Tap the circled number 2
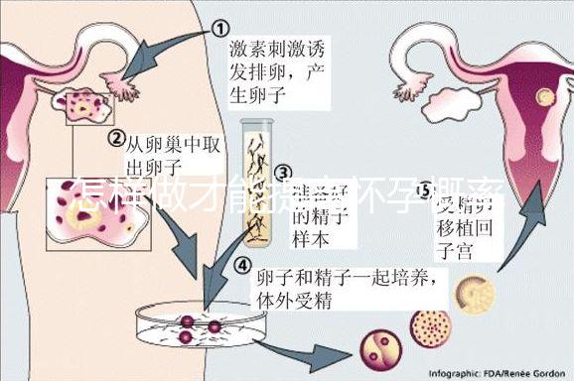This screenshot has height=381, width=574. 116,138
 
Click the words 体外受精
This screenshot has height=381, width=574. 294,298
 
